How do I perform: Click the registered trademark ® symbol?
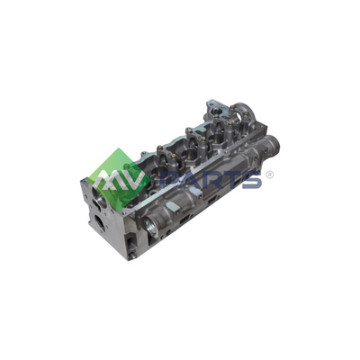tap(270, 175)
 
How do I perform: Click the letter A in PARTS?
tap(191, 180)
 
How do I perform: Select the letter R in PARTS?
tap(211, 180)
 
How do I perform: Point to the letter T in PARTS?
tap(231, 180)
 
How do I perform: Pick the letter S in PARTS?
tap(252, 180)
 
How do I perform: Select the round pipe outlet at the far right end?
tap(273, 143)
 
